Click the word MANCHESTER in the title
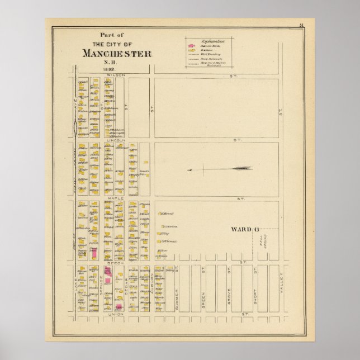coord(116,54)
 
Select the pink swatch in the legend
coord(190,45)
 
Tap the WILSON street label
coord(117,74)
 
